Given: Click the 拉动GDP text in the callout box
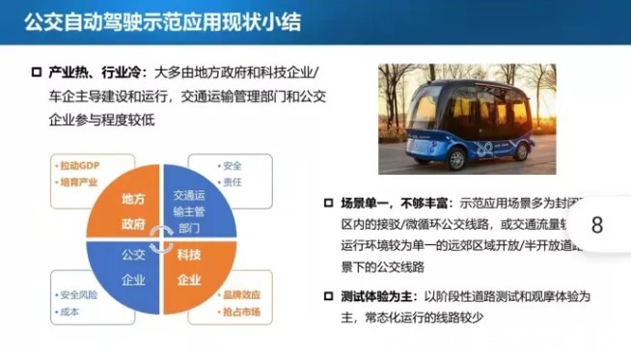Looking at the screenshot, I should coord(79,165).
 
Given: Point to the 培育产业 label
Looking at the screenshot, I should coord(79,180).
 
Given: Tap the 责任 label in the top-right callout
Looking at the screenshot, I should coord(232,181).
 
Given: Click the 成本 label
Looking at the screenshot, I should coord(69,311).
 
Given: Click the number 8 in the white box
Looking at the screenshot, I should coord(596,225).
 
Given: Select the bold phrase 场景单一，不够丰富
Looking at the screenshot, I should coord(397,206).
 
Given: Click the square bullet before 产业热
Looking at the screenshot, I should coord(36,73).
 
